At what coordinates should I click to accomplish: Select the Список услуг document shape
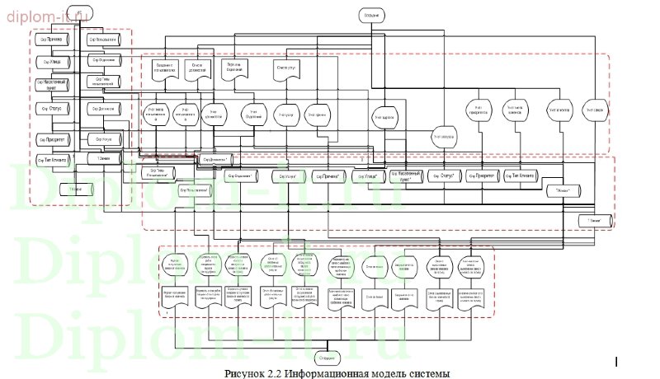(x=285, y=68)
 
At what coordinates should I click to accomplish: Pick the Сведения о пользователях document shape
(x=166, y=67)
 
